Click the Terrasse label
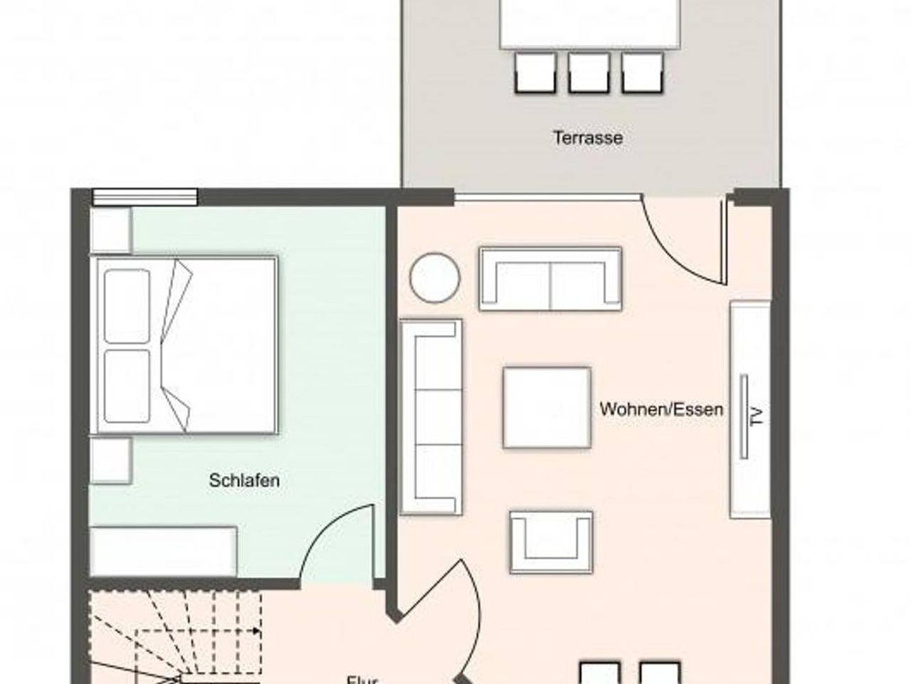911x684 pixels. [x=588, y=137]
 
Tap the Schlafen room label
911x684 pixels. [x=244, y=480]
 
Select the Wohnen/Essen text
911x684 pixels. [x=661, y=409]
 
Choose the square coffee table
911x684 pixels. [x=547, y=408]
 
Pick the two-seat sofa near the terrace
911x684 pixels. [x=550, y=279]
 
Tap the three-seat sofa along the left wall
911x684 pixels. [x=431, y=416]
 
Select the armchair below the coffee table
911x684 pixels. [x=550, y=542]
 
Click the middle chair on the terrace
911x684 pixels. [x=589, y=73]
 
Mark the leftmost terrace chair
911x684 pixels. [x=535, y=73]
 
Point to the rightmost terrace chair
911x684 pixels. [x=642, y=73]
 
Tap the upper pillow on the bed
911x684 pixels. [x=127, y=306]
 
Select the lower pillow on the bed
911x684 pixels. [x=127, y=385]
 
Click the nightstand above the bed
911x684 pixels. [x=110, y=230]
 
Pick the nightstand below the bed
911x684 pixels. [x=110, y=461]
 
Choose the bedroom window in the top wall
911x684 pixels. [x=145, y=196]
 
